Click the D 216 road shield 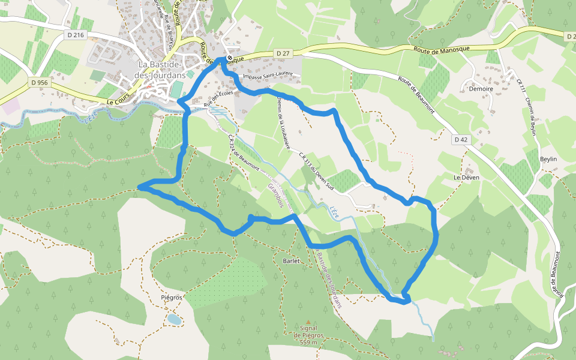(76, 36)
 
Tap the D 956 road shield (38, 82)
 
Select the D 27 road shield (283, 53)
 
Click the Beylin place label (548, 159)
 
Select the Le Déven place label (464, 178)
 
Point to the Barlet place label (291, 261)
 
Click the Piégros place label (172, 298)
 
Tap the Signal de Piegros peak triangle (308, 322)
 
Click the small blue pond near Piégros (173, 319)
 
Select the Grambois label (275, 196)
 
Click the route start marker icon (229, 58)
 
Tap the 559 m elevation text (312, 343)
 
